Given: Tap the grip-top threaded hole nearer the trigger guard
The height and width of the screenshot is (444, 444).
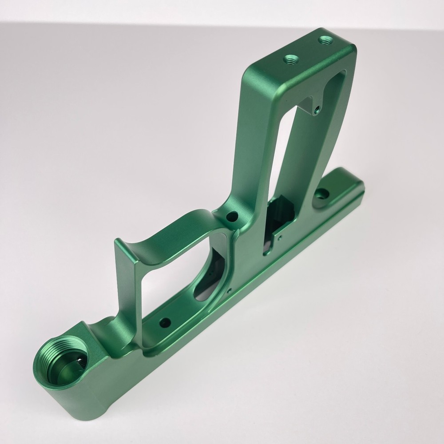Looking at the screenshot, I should pyautogui.click(x=291, y=59).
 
